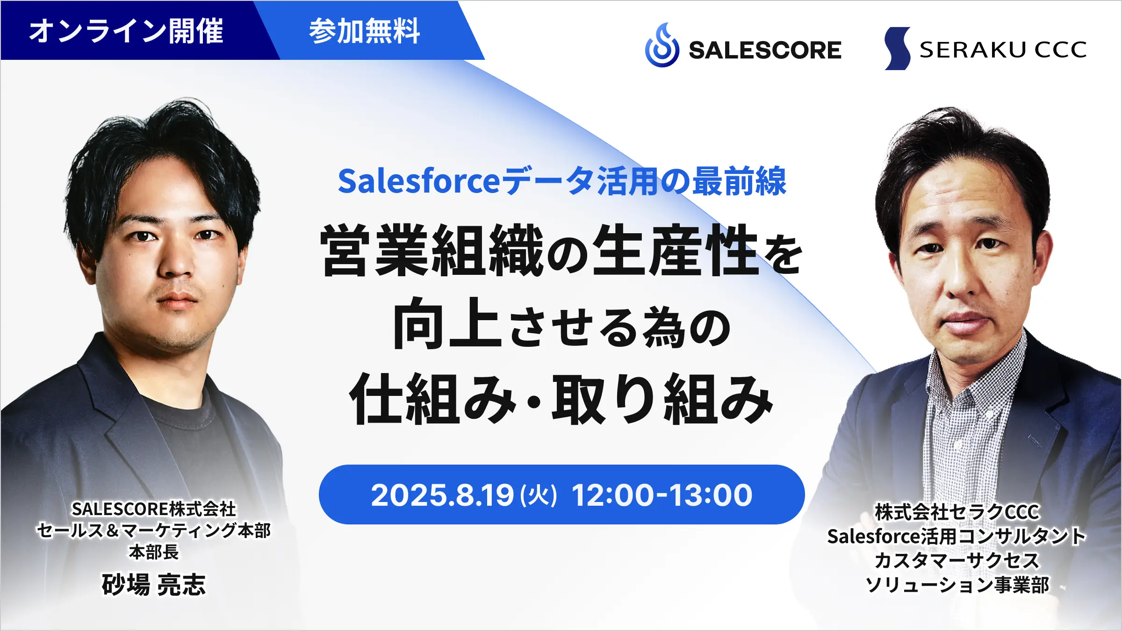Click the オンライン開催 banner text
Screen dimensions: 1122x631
pyautogui.click(x=126, y=31)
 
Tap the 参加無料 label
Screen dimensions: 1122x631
pyautogui.click(x=365, y=31)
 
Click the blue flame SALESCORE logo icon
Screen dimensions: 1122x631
pyautogui.click(x=662, y=45)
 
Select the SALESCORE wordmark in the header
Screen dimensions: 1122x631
pyautogui.click(x=765, y=50)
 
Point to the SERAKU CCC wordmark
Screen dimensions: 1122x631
pyautogui.click(x=1003, y=50)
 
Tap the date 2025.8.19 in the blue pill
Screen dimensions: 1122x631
pyautogui.click(x=442, y=495)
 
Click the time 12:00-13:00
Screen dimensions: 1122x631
pyautogui.click(x=662, y=495)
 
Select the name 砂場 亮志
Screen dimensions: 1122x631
pyautogui.click(x=154, y=584)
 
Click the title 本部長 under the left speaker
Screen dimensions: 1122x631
pyautogui.click(x=154, y=552)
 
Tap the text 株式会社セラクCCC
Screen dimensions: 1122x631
pyautogui.click(x=957, y=512)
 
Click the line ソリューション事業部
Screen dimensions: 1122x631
pyautogui.click(x=957, y=585)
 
